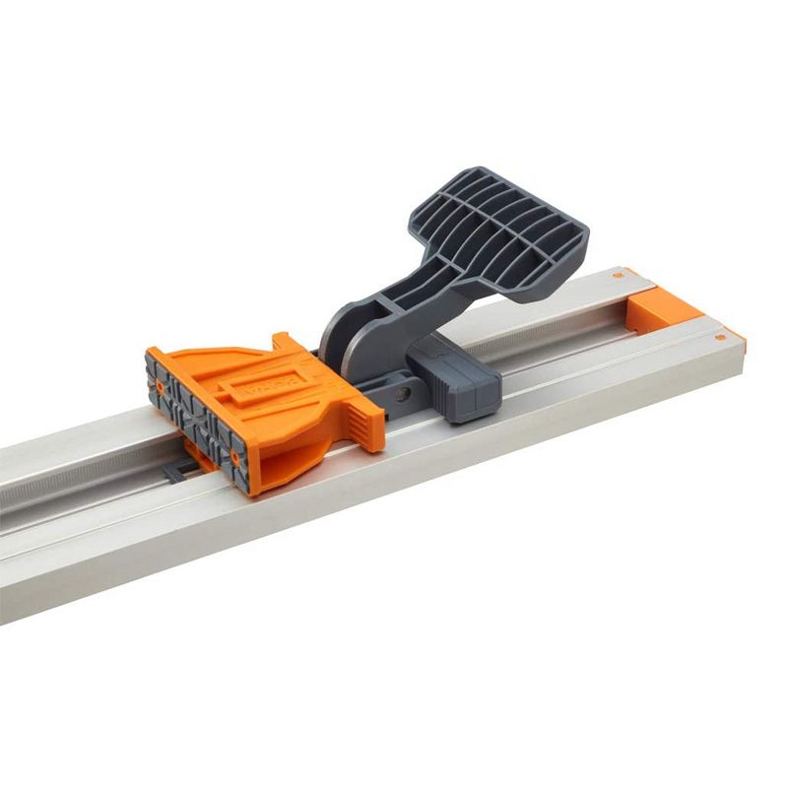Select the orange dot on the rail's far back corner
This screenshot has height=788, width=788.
(x=618, y=271)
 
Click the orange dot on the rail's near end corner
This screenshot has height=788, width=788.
(x=721, y=338)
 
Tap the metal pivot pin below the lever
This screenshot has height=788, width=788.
(x=402, y=394)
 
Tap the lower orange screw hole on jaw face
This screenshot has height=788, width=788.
(x=236, y=459)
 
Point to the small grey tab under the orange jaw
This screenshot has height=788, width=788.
(x=173, y=474)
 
